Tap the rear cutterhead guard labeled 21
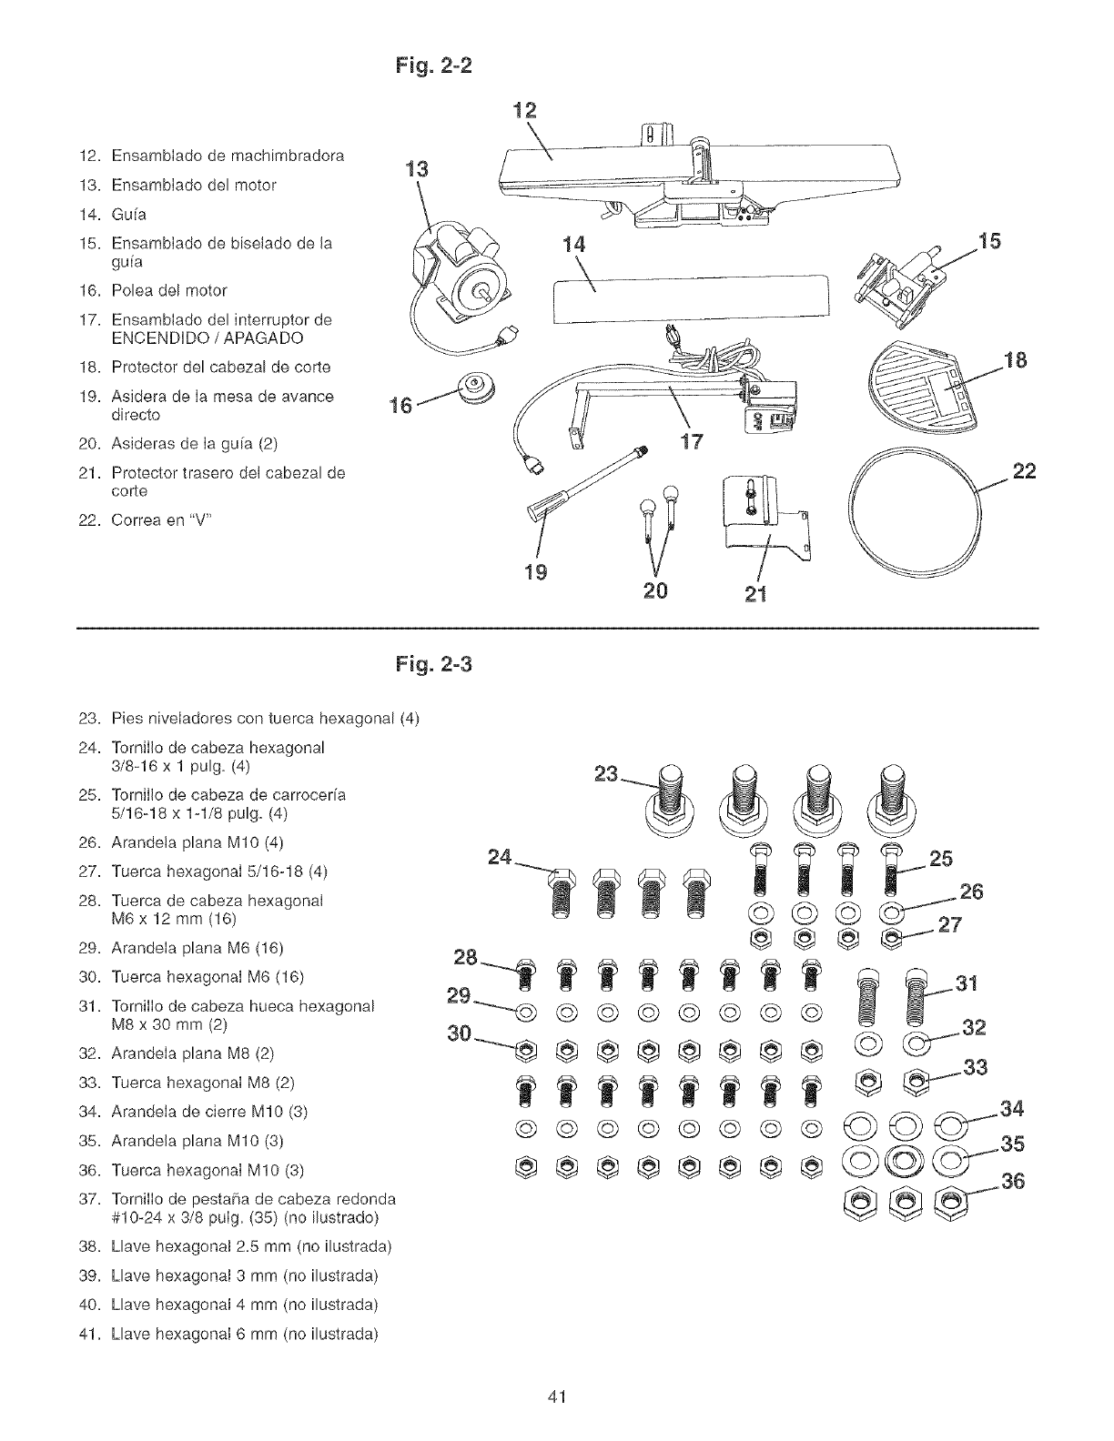pyautogui.click(x=763, y=520)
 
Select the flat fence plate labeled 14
pyautogui.click(x=692, y=297)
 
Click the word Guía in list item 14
pyautogui.click(x=128, y=215)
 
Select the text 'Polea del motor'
pyautogui.click(x=168, y=290)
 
